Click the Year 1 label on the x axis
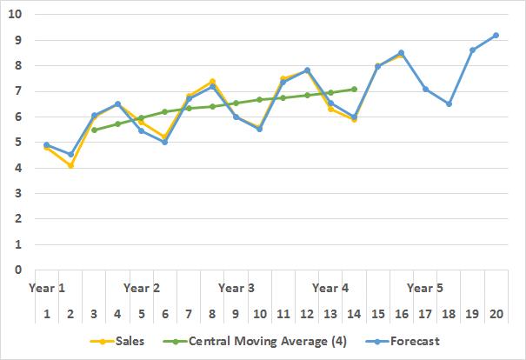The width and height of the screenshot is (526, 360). pyautogui.click(x=47, y=287)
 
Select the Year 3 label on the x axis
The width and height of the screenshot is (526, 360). pyautogui.click(x=236, y=287)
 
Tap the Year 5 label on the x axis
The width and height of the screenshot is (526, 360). pyautogui.click(x=425, y=287)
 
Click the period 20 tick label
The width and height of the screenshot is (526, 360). pyautogui.click(x=496, y=314)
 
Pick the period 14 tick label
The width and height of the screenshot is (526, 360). pyautogui.click(x=354, y=314)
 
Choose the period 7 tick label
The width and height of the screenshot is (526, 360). pyautogui.click(x=189, y=314)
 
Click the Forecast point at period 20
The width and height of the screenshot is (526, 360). pyautogui.click(x=496, y=35)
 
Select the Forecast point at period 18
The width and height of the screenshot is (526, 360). pyautogui.click(x=449, y=103)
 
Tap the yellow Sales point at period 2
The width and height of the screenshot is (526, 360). pyautogui.click(x=70, y=165)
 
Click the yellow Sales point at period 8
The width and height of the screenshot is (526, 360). pyautogui.click(x=212, y=81)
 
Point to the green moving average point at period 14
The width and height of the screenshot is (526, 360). pyautogui.click(x=354, y=89)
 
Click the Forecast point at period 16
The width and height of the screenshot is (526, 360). pyautogui.click(x=401, y=52)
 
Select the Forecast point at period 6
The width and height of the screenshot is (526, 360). pyautogui.click(x=165, y=142)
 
